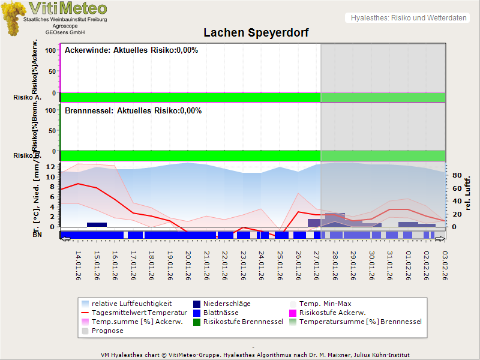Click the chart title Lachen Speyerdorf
pos(256,33)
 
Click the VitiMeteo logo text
pos(68,8)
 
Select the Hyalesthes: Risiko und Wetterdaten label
pos(408,18)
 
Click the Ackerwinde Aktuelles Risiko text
pos(131,50)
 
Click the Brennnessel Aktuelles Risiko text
pos(133,111)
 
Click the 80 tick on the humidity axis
pos(456,176)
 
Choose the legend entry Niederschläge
pos(226,304)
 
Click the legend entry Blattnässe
pos(221,313)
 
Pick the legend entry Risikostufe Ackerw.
pos(332,313)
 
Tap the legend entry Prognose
pos(107,331)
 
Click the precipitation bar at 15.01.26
pos(97,224)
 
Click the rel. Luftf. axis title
pos(467,193)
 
